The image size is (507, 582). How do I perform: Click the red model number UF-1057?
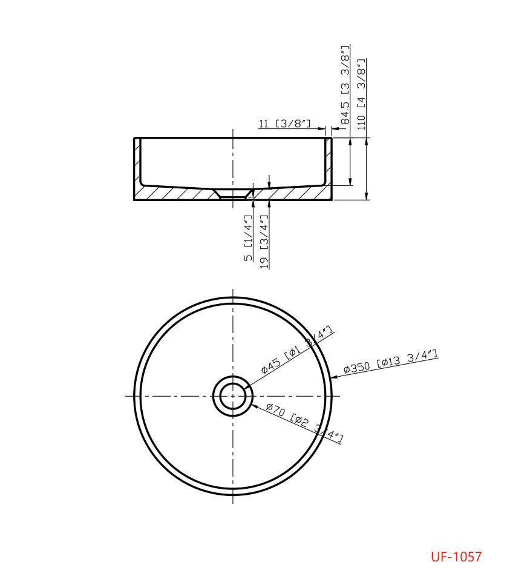pyautogui.click(x=456, y=557)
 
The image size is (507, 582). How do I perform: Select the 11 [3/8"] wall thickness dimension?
pyautogui.click(x=284, y=124)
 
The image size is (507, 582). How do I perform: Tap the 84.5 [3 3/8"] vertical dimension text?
pyautogui.click(x=345, y=85)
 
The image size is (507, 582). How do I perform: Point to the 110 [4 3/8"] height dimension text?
pyautogui.click(x=362, y=94)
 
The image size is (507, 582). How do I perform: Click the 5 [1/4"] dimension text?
pyautogui.click(x=248, y=238)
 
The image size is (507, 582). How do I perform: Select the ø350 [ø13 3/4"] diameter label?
pyautogui.click(x=390, y=362)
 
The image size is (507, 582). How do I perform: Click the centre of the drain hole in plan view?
pyautogui.click(x=233, y=397)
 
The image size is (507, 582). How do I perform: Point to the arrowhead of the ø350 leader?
pyautogui.click(x=333, y=377)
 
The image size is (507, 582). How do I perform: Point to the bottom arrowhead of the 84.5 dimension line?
pyautogui.click(x=350, y=182)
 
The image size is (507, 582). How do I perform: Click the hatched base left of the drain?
pyautogui.click(x=175, y=193)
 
